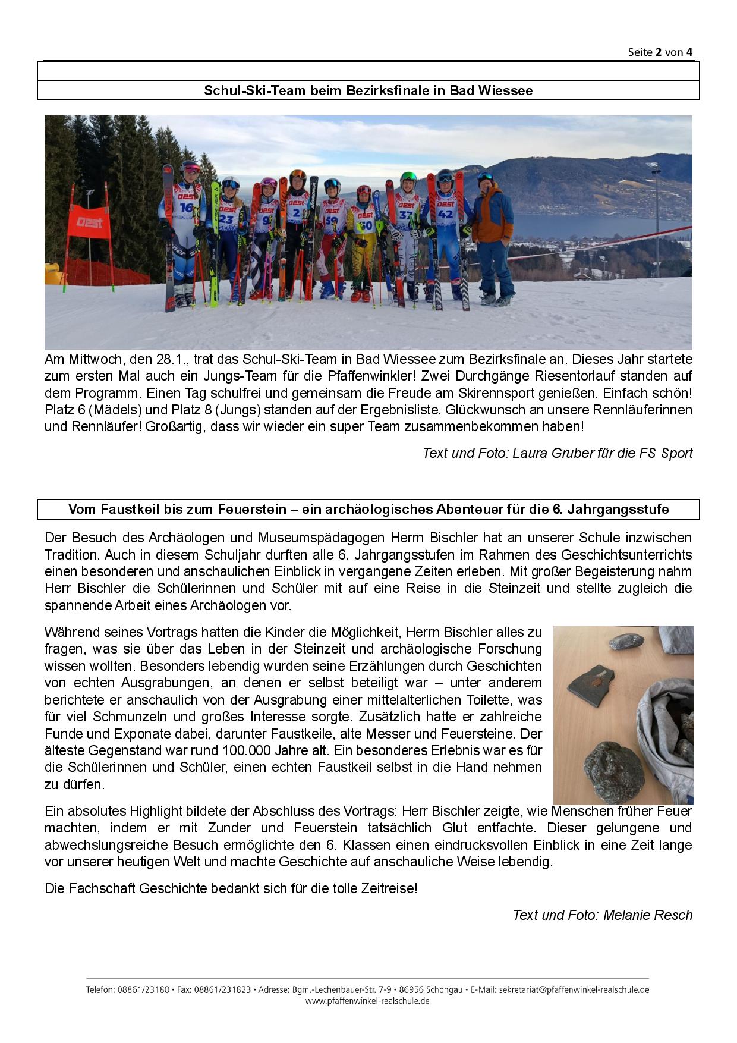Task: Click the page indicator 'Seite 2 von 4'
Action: [660, 52]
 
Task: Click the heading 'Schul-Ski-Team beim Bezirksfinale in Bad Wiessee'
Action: [368, 90]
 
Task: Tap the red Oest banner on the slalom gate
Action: [89, 222]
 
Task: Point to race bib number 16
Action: [187, 208]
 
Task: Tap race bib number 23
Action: [226, 219]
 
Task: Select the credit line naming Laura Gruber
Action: [557, 453]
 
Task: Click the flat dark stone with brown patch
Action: [594, 684]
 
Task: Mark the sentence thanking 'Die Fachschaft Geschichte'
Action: [231, 888]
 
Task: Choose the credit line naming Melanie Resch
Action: [602, 915]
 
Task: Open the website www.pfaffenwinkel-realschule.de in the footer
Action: [367, 1001]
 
